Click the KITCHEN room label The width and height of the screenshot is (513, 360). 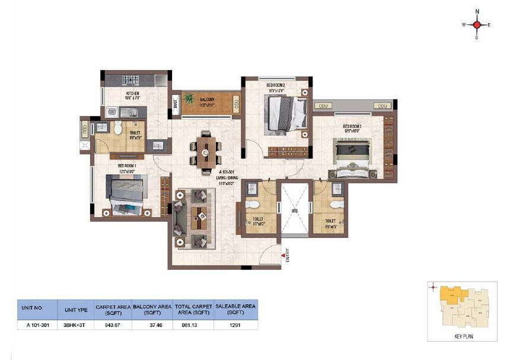132,94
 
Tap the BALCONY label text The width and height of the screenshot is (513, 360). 207,99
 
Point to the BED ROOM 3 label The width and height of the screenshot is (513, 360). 352,126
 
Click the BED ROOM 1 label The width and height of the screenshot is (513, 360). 127,165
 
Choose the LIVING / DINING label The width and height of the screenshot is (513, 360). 227,176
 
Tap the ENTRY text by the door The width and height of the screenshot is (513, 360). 287,254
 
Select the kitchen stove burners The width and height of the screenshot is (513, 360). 130,79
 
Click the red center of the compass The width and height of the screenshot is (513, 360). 477,25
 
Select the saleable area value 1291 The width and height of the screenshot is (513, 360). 236,324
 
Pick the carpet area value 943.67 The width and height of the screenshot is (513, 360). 113,324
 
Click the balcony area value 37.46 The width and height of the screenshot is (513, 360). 152,324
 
